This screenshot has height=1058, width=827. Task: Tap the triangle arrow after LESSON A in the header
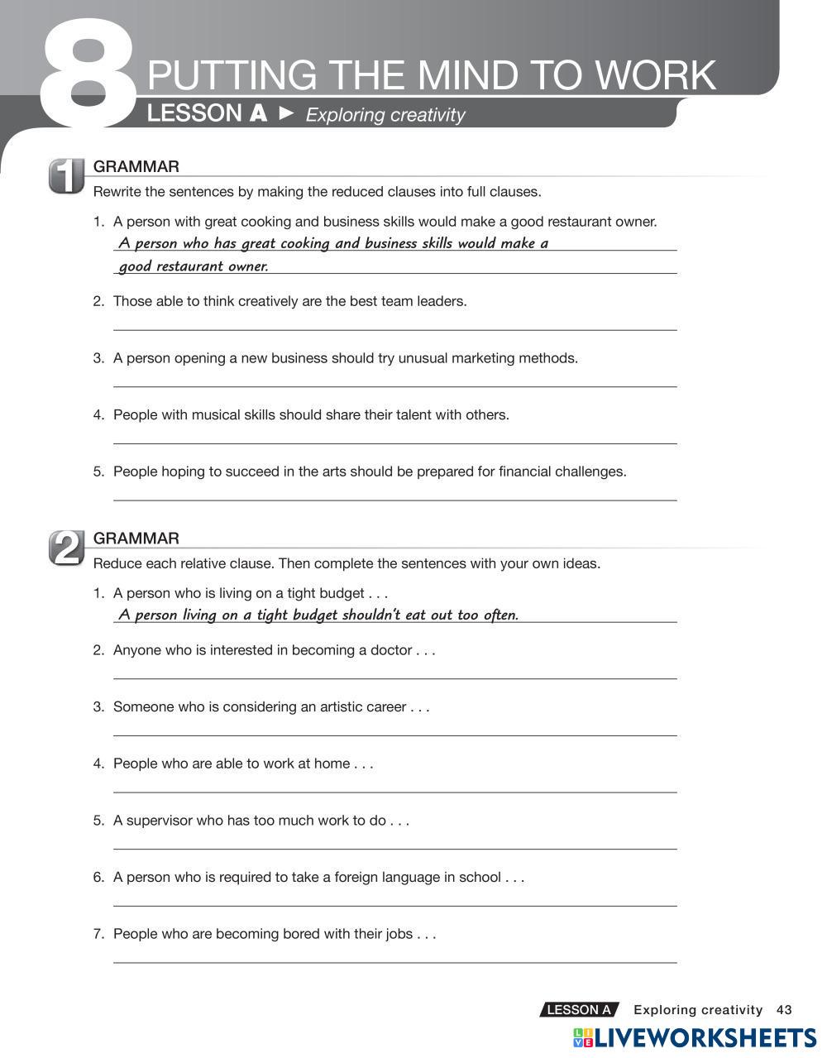point(286,113)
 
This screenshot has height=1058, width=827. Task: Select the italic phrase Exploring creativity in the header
point(385,115)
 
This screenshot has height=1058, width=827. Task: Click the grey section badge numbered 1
point(66,175)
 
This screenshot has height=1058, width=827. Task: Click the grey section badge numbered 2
point(66,548)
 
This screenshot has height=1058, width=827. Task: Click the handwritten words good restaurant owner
point(194,266)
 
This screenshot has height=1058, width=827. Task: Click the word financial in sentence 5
point(524,472)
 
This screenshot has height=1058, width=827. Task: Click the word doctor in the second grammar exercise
point(390,650)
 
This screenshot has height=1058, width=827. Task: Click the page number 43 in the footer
point(784,1009)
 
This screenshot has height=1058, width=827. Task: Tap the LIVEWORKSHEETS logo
point(695,1039)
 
